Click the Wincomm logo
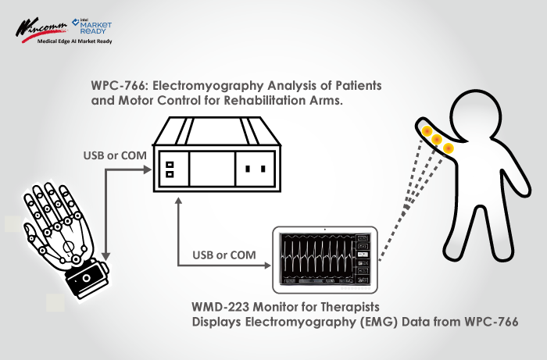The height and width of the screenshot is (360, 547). (x=41, y=30)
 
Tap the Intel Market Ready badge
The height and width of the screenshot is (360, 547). (x=91, y=26)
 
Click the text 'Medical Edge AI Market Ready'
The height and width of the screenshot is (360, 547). (x=75, y=41)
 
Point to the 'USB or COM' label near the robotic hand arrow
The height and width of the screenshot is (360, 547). (x=115, y=155)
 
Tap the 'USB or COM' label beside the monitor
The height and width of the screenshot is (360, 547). (x=224, y=255)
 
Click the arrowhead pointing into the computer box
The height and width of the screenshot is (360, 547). (x=148, y=169)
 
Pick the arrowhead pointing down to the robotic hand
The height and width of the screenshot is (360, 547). (x=105, y=256)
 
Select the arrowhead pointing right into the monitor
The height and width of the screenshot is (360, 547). (x=267, y=266)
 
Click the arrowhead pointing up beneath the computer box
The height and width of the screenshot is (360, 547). (x=179, y=201)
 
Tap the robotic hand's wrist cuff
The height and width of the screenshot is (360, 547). (x=88, y=278)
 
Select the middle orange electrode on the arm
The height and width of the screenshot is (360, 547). (x=437, y=140)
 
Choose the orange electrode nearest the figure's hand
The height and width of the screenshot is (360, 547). (x=427, y=131)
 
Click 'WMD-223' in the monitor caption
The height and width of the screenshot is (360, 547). (x=220, y=307)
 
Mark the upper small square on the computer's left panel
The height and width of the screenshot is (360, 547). (x=170, y=165)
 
